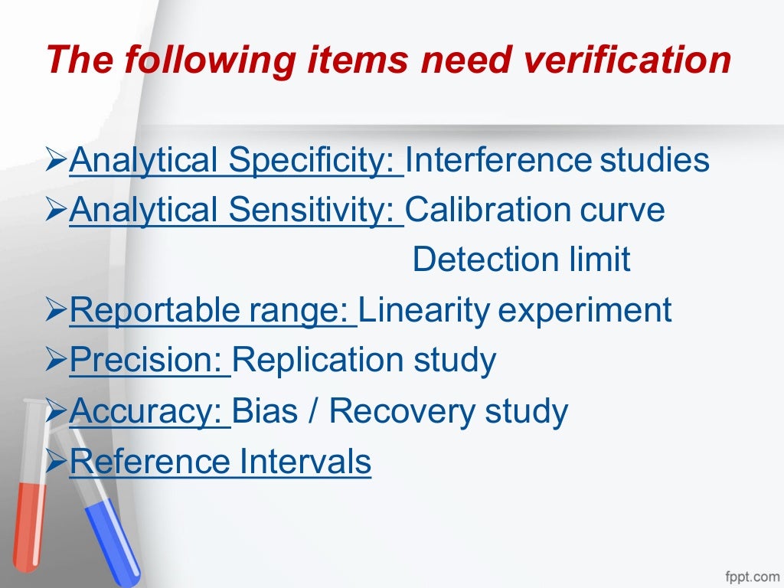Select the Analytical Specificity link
236,161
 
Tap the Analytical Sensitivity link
236,210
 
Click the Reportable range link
212,310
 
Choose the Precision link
149,360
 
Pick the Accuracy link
149,411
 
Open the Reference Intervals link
220,462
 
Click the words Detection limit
521,260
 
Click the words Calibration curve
535,210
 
